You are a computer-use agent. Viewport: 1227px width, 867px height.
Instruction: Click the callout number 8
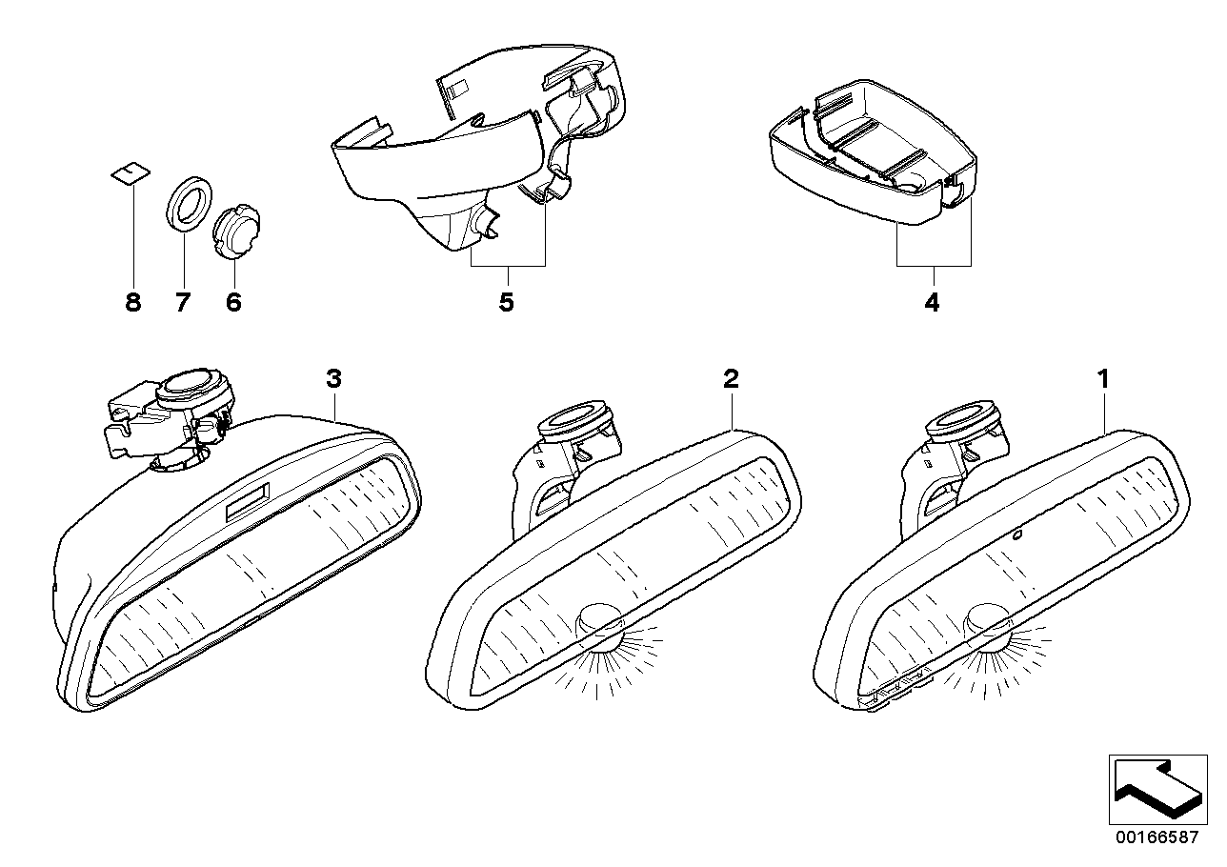(x=132, y=303)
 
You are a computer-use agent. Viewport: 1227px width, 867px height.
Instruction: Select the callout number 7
(x=183, y=303)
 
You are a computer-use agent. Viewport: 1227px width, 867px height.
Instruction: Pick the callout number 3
(x=333, y=379)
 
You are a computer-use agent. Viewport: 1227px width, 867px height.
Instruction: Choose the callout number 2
(x=731, y=379)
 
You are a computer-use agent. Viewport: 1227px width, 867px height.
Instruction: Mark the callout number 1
(x=1103, y=379)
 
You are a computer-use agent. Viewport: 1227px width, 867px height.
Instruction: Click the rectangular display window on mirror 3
(x=247, y=500)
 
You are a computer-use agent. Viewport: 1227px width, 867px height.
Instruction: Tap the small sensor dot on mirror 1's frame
(x=1017, y=534)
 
